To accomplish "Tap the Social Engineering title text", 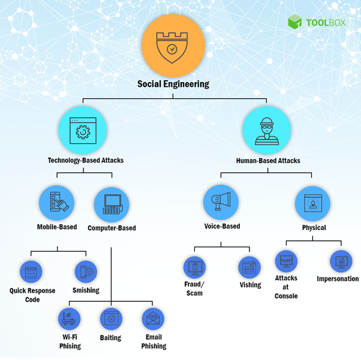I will point(173,84).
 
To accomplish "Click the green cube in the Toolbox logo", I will point(294,22).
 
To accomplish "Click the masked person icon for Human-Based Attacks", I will point(266,130).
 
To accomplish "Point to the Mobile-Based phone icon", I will point(57,202).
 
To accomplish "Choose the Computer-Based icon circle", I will point(112,204).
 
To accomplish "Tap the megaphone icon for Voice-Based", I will point(222,202).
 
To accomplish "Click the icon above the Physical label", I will point(313,204).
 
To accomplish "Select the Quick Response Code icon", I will point(31,271).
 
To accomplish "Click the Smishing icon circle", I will point(86,271).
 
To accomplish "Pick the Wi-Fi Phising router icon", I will point(70,319).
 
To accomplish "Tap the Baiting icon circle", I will point(111,319).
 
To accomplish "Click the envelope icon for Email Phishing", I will point(153,319).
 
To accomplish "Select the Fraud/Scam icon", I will point(194,267).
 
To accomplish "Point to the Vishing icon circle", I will point(249,267).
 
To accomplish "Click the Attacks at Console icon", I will point(286,262).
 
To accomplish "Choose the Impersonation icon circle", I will point(341,261).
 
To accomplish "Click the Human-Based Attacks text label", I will point(268,161).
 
